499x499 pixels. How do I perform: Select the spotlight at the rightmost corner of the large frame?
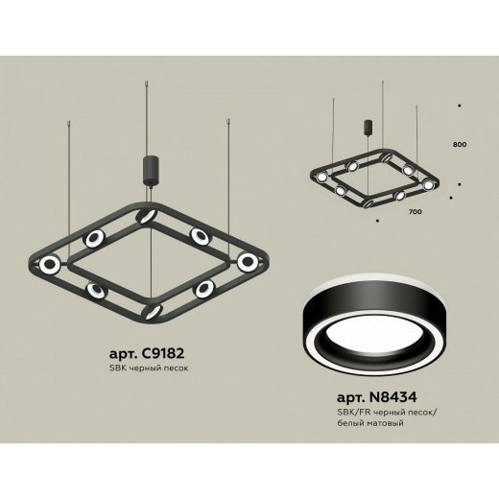(x=249, y=261)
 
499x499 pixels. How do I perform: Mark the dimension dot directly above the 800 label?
(x=460, y=103)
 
